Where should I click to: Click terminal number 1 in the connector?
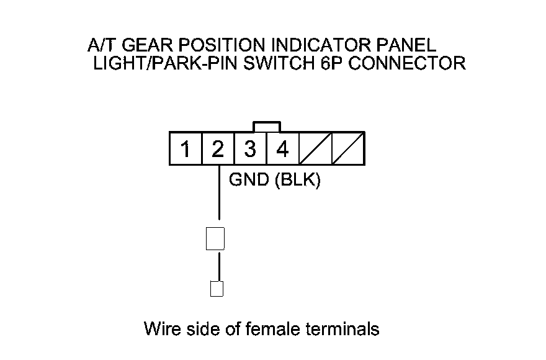click(186, 149)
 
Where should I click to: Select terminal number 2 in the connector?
click(218, 149)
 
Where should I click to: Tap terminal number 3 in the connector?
click(250, 149)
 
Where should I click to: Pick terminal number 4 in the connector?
click(282, 149)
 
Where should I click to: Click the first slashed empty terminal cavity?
click(315, 149)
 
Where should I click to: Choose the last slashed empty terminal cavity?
click(347, 149)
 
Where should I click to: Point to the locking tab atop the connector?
click(266, 127)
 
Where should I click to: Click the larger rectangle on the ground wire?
click(215, 239)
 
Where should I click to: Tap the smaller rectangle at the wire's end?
click(217, 289)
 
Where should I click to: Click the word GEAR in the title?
click(141, 46)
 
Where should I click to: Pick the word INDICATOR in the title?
click(309, 46)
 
